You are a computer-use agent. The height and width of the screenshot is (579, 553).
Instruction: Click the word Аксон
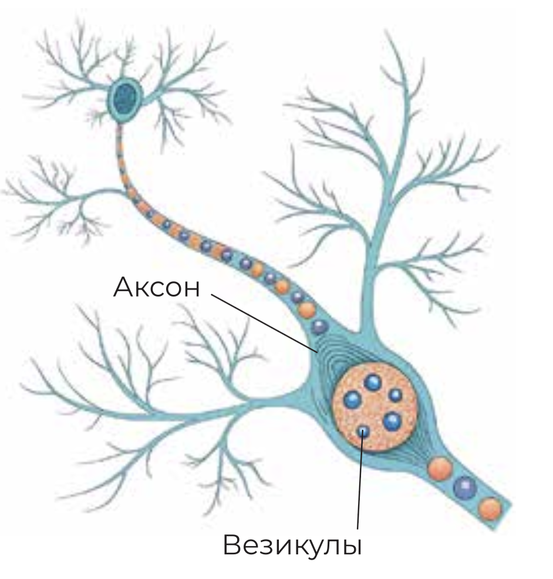pos(156,287)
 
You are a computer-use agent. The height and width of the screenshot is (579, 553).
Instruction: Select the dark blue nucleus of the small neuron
pos(124,99)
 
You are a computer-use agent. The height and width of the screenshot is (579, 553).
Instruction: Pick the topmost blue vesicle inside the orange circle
pos(372,382)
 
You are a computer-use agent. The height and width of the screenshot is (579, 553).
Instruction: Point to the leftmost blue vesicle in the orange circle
pos(353,400)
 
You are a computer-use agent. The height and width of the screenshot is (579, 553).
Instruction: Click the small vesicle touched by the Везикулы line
pos(363,430)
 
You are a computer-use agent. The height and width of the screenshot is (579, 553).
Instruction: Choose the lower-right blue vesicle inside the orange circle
pos(392,421)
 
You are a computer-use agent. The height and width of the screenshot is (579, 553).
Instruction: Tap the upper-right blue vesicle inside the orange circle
pos(395,395)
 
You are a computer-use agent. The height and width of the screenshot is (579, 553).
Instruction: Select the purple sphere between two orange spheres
pos(465,488)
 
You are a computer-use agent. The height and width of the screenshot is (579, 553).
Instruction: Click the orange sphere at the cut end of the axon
pos(490,509)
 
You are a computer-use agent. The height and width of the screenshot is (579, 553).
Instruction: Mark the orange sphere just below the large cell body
pos(440,469)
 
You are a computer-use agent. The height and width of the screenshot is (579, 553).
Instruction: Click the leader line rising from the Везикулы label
pos(360,479)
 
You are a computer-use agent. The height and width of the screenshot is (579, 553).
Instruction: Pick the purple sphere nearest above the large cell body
pos(319,327)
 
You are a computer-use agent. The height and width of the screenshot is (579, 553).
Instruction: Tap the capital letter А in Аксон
pos(123,287)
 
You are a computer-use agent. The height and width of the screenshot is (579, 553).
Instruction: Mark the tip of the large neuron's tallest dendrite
pos(386,32)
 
